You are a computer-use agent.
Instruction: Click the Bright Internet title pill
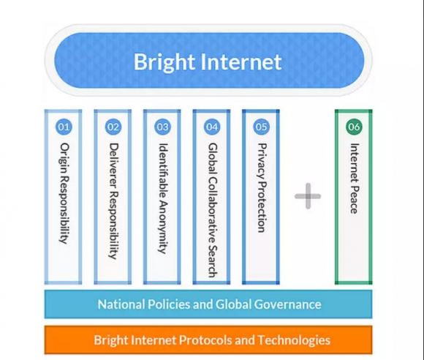[209, 60]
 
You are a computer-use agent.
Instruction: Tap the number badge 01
[64, 127]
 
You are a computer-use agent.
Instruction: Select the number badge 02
[113, 127]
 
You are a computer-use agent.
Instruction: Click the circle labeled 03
[163, 127]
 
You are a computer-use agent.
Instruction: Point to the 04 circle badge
[212, 127]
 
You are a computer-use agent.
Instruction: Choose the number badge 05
[262, 127]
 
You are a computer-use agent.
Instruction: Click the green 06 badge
[354, 127]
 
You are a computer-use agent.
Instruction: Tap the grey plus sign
[308, 196]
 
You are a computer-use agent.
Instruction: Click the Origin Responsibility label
[64, 193]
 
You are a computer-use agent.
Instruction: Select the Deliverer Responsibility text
[114, 201]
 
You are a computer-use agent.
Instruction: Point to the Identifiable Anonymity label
[163, 198]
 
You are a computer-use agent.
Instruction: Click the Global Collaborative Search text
[213, 210]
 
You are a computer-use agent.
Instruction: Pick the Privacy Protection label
[262, 188]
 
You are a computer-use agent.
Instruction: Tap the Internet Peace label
[355, 179]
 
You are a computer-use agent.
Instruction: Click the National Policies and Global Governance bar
[208, 304]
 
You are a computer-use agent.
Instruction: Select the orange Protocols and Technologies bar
[208, 340]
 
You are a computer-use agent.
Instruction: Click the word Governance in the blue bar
[287, 304]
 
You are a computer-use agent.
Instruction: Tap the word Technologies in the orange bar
[294, 340]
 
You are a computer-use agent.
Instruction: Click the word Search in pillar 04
[213, 261]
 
